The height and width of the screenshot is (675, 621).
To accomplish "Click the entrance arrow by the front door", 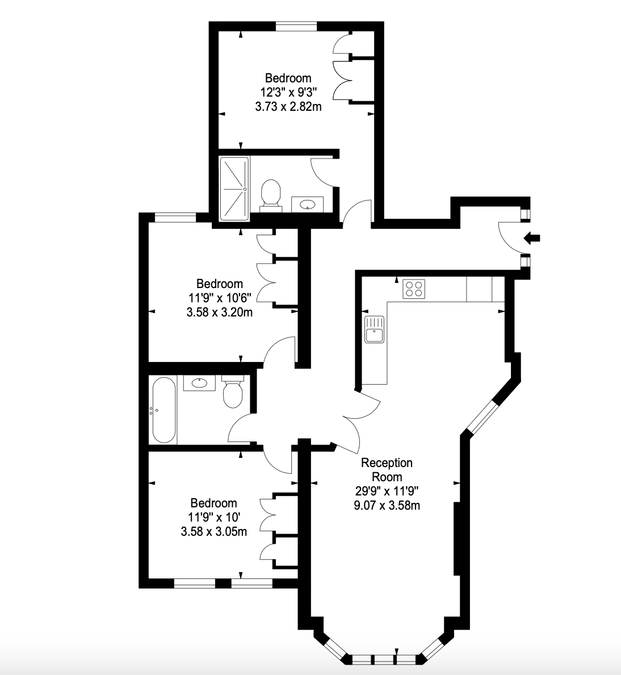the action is (x=532, y=238).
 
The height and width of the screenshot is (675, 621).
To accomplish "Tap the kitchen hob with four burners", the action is (x=414, y=289).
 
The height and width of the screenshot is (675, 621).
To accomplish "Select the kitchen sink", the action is (x=374, y=330).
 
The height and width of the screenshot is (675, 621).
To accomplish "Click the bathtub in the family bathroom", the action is (x=164, y=410).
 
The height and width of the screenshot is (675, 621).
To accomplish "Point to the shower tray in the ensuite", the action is (x=234, y=189).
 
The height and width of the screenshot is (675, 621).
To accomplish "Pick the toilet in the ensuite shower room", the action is (x=271, y=196).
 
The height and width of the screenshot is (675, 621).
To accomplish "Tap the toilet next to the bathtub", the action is (x=233, y=391).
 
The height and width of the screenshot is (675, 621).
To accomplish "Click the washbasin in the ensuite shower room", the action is (x=308, y=204).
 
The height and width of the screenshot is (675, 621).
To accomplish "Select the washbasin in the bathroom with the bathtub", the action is (x=199, y=383).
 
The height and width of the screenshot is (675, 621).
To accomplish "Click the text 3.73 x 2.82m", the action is (x=288, y=106).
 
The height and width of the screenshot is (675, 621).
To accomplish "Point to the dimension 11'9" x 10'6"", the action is (x=220, y=298).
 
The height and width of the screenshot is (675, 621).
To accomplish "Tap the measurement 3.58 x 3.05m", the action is (x=214, y=532).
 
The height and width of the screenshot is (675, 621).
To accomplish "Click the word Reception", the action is (x=387, y=463).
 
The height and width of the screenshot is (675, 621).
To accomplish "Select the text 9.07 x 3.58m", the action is (x=387, y=505).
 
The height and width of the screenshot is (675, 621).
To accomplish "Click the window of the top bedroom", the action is (x=297, y=26).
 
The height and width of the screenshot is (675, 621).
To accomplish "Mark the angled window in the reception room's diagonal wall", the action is (x=483, y=416).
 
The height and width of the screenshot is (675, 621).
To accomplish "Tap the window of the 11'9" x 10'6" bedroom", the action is (x=175, y=218).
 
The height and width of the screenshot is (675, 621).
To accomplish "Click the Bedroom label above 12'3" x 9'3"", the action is (x=288, y=78).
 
